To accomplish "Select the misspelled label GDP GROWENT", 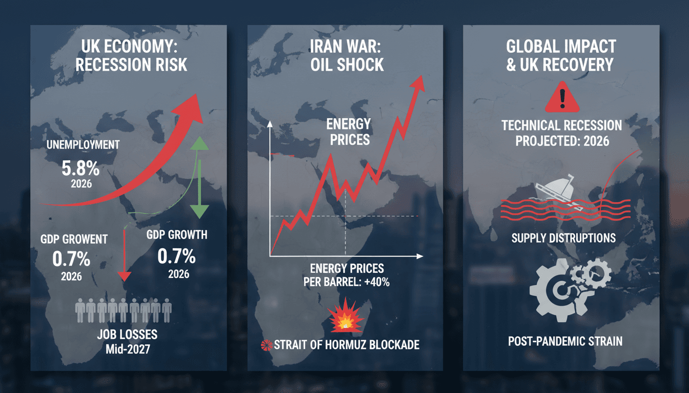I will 75,238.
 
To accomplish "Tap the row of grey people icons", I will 123,311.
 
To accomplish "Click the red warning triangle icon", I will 562,97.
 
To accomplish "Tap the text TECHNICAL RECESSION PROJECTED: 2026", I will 562,133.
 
